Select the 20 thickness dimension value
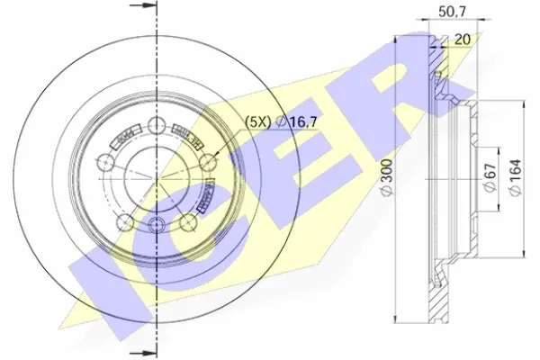(463, 38)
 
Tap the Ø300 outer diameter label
(384, 181)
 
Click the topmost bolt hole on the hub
(157, 125)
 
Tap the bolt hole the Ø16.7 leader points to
(209, 162)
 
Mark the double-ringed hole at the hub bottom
(157, 225)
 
